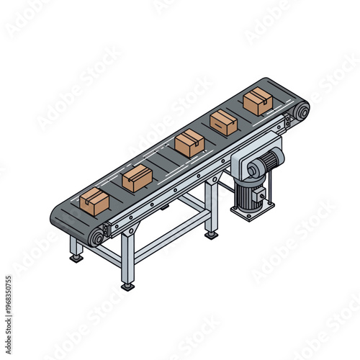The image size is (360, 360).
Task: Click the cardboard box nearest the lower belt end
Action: click(94, 201)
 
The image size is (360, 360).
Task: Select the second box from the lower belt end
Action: click(137, 178)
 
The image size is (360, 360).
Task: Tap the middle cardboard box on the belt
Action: click(189, 144)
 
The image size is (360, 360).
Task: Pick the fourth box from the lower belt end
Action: click(223, 122)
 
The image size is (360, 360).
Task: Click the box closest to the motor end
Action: click(257, 102)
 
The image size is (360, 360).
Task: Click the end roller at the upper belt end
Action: click(301, 112)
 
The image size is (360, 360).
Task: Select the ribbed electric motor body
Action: click(249, 192)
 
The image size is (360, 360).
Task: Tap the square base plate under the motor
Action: click(252, 211)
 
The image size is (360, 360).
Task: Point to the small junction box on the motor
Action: click(260, 194)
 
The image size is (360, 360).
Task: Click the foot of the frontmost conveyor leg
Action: click(128, 286)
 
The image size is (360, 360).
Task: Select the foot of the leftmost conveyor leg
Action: click(76, 258)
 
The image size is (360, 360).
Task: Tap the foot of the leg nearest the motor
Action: click(212, 233)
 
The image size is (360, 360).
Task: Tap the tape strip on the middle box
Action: click(189, 139)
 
